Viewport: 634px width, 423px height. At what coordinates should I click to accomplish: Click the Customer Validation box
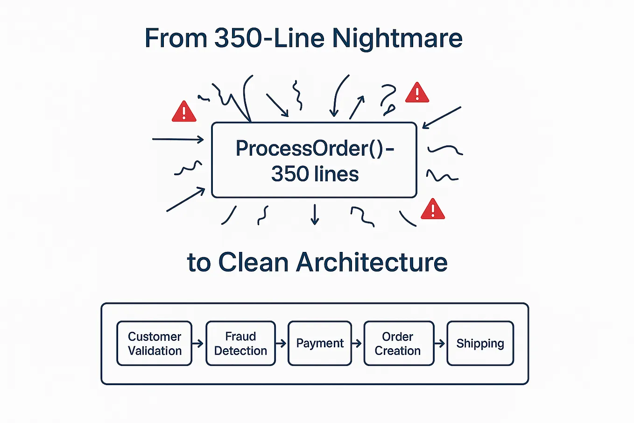click(x=154, y=344)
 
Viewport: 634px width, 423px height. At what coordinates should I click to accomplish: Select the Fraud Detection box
click(x=240, y=344)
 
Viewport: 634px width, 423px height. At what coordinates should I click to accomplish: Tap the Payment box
click(x=320, y=344)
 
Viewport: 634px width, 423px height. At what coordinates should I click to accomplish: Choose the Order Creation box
click(x=399, y=344)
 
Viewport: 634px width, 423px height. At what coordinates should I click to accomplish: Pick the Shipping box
click(x=480, y=344)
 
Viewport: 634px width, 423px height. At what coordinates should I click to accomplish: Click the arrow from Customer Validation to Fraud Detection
click(x=198, y=344)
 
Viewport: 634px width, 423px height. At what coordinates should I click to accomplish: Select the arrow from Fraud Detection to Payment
click(x=281, y=344)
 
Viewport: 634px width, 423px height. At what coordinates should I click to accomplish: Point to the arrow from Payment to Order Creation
click(x=357, y=344)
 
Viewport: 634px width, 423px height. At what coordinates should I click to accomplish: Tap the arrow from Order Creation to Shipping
click(x=440, y=344)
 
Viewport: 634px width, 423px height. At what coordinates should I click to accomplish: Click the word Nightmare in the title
click(x=397, y=38)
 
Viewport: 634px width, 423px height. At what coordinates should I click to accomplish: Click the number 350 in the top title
click(x=238, y=38)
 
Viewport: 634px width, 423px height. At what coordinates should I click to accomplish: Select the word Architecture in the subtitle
click(x=372, y=262)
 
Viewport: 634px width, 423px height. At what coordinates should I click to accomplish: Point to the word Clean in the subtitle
click(x=253, y=262)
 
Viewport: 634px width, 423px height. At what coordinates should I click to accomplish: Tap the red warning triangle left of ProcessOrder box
click(x=184, y=112)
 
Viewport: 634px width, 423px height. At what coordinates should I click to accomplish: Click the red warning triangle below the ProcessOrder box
click(x=433, y=210)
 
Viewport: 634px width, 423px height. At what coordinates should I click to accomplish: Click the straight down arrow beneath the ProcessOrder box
click(x=315, y=215)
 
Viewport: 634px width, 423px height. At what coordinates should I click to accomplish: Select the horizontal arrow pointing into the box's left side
click(x=178, y=139)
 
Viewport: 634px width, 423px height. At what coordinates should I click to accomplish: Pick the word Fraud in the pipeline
click(x=240, y=337)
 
